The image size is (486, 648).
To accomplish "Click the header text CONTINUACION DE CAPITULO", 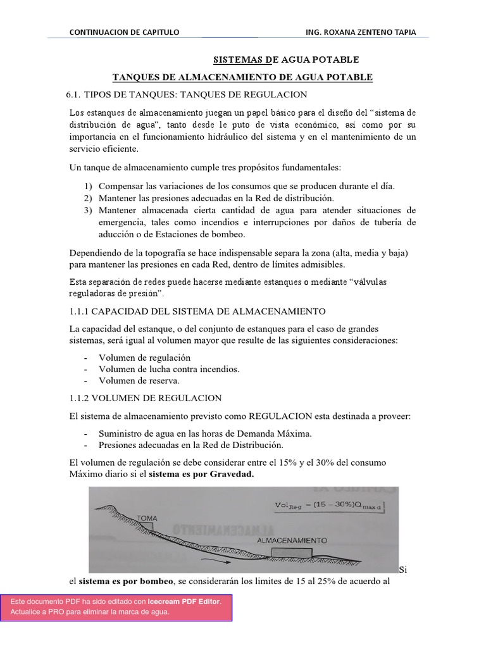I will [x=124, y=32].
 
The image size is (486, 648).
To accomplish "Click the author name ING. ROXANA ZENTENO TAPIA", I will [x=360, y=32].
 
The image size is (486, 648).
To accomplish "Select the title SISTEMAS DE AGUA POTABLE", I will [x=286, y=59].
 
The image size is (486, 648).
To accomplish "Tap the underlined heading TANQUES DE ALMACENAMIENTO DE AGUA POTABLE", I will [x=242, y=77].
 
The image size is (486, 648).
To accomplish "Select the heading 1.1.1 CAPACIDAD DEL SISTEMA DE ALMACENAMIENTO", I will [x=196, y=311].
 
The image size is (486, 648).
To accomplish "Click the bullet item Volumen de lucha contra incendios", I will [x=169, y=369].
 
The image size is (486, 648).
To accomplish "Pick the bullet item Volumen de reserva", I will [x=139, y=380].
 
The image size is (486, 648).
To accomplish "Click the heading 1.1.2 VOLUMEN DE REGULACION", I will [x=144, y=398].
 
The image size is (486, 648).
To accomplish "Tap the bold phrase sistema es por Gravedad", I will [x=201, y=474].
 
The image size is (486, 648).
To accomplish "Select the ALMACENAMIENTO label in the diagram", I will [x=292, y=541].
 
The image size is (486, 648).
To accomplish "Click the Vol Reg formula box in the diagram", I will [x=328, y=505].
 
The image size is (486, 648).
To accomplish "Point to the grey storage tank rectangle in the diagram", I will [x=291, y=552].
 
